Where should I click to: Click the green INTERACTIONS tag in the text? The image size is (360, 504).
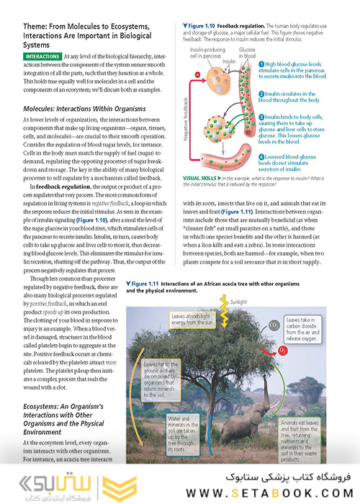(42, 55)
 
